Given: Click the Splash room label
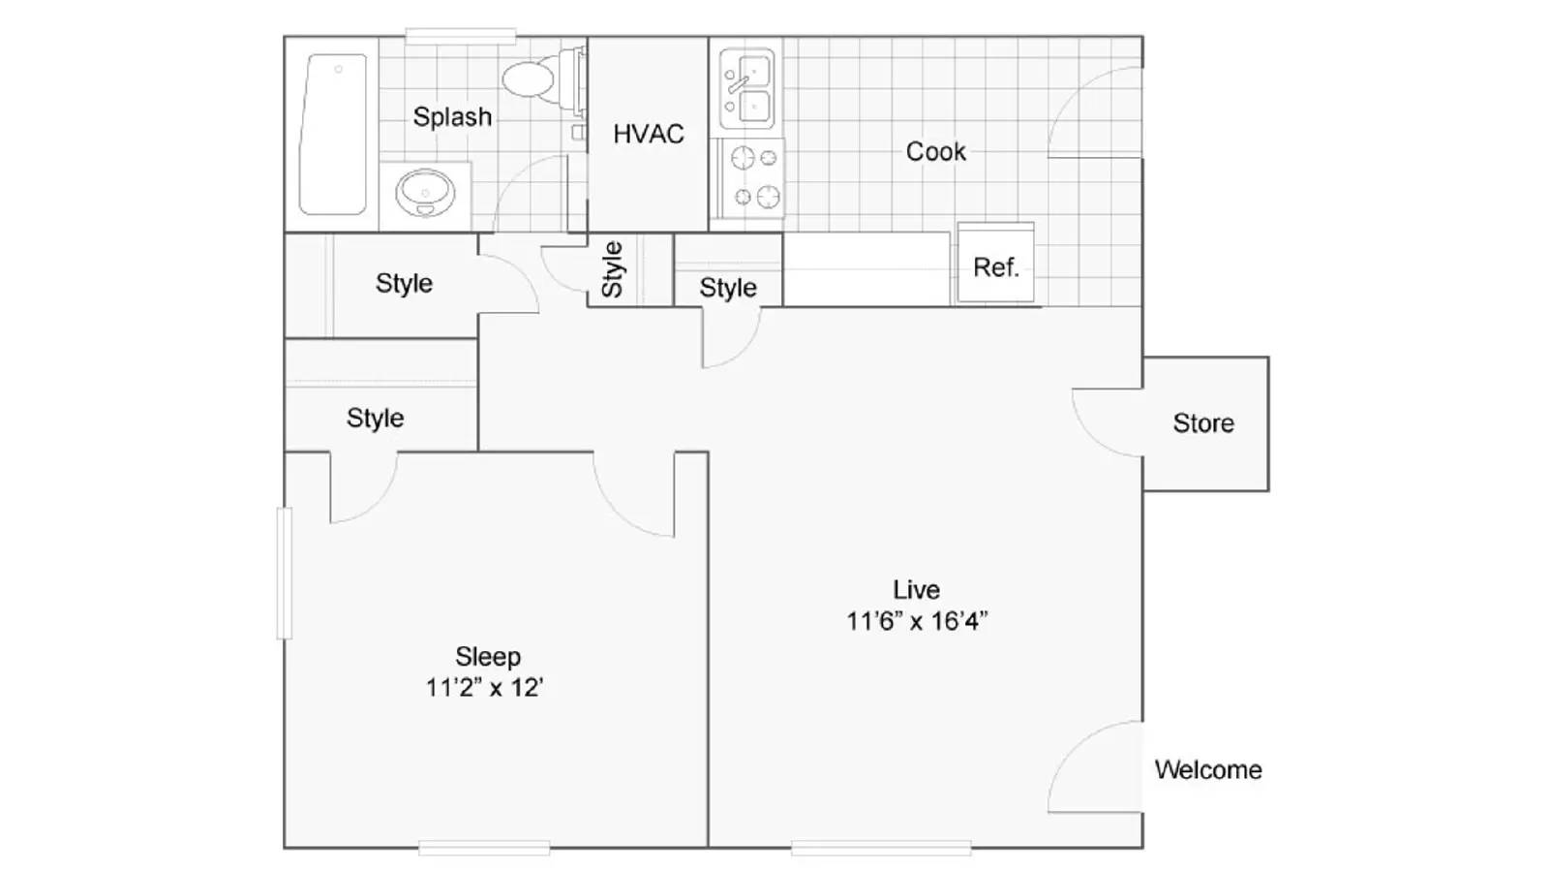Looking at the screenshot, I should click(452, 117).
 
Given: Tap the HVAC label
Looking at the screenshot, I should click(648, 134).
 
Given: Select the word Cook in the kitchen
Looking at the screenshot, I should click(935, 151).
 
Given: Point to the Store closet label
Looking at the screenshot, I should click(1203, 423).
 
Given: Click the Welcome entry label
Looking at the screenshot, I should click(1208, 770).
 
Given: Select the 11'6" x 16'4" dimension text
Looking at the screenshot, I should click(916, 621).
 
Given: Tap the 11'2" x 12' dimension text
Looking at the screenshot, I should click(484, 688).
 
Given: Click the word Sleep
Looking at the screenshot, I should click(487, 657).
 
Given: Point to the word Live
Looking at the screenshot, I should click(916, 589).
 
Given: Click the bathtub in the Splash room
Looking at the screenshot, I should click(332, 134).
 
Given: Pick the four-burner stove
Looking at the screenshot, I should click(753, 177).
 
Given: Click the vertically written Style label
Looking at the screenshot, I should click(612, 268).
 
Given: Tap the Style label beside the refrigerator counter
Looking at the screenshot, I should click(727, 288).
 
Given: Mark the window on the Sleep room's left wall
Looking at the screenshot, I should click(284, 573).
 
